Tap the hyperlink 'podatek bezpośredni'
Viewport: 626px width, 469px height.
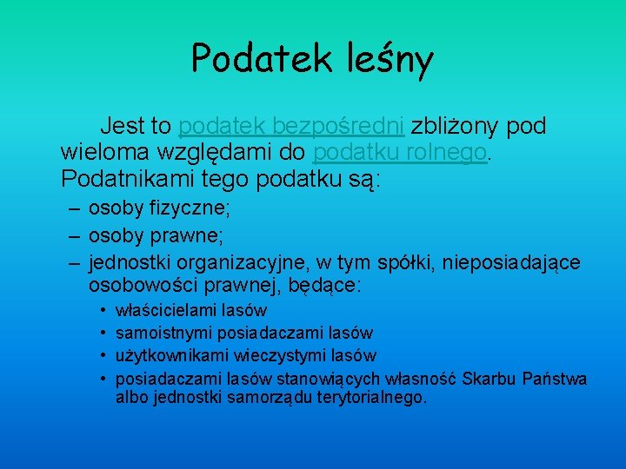pyautogui.click(x=291, y=127)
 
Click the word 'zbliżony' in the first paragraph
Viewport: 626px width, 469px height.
pyautogui.click(x=455, y=127)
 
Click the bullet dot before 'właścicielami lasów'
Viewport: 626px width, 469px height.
pyautogui.click(x=103, y=310)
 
